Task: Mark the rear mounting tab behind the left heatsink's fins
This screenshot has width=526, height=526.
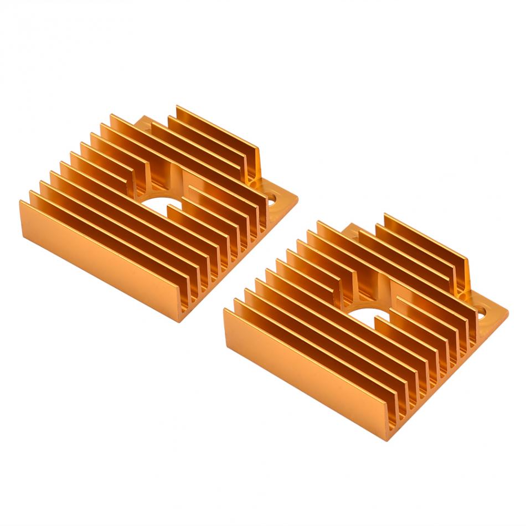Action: click(x=145, y=123)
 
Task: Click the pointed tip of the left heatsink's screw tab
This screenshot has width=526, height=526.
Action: click(x=297, y=197)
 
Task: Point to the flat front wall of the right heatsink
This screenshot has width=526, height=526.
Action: click(x=305, y=371)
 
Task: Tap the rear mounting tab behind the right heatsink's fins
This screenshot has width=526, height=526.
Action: click(x=352, y=230)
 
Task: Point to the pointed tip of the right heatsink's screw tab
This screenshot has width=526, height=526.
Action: click(x=507, y=311)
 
